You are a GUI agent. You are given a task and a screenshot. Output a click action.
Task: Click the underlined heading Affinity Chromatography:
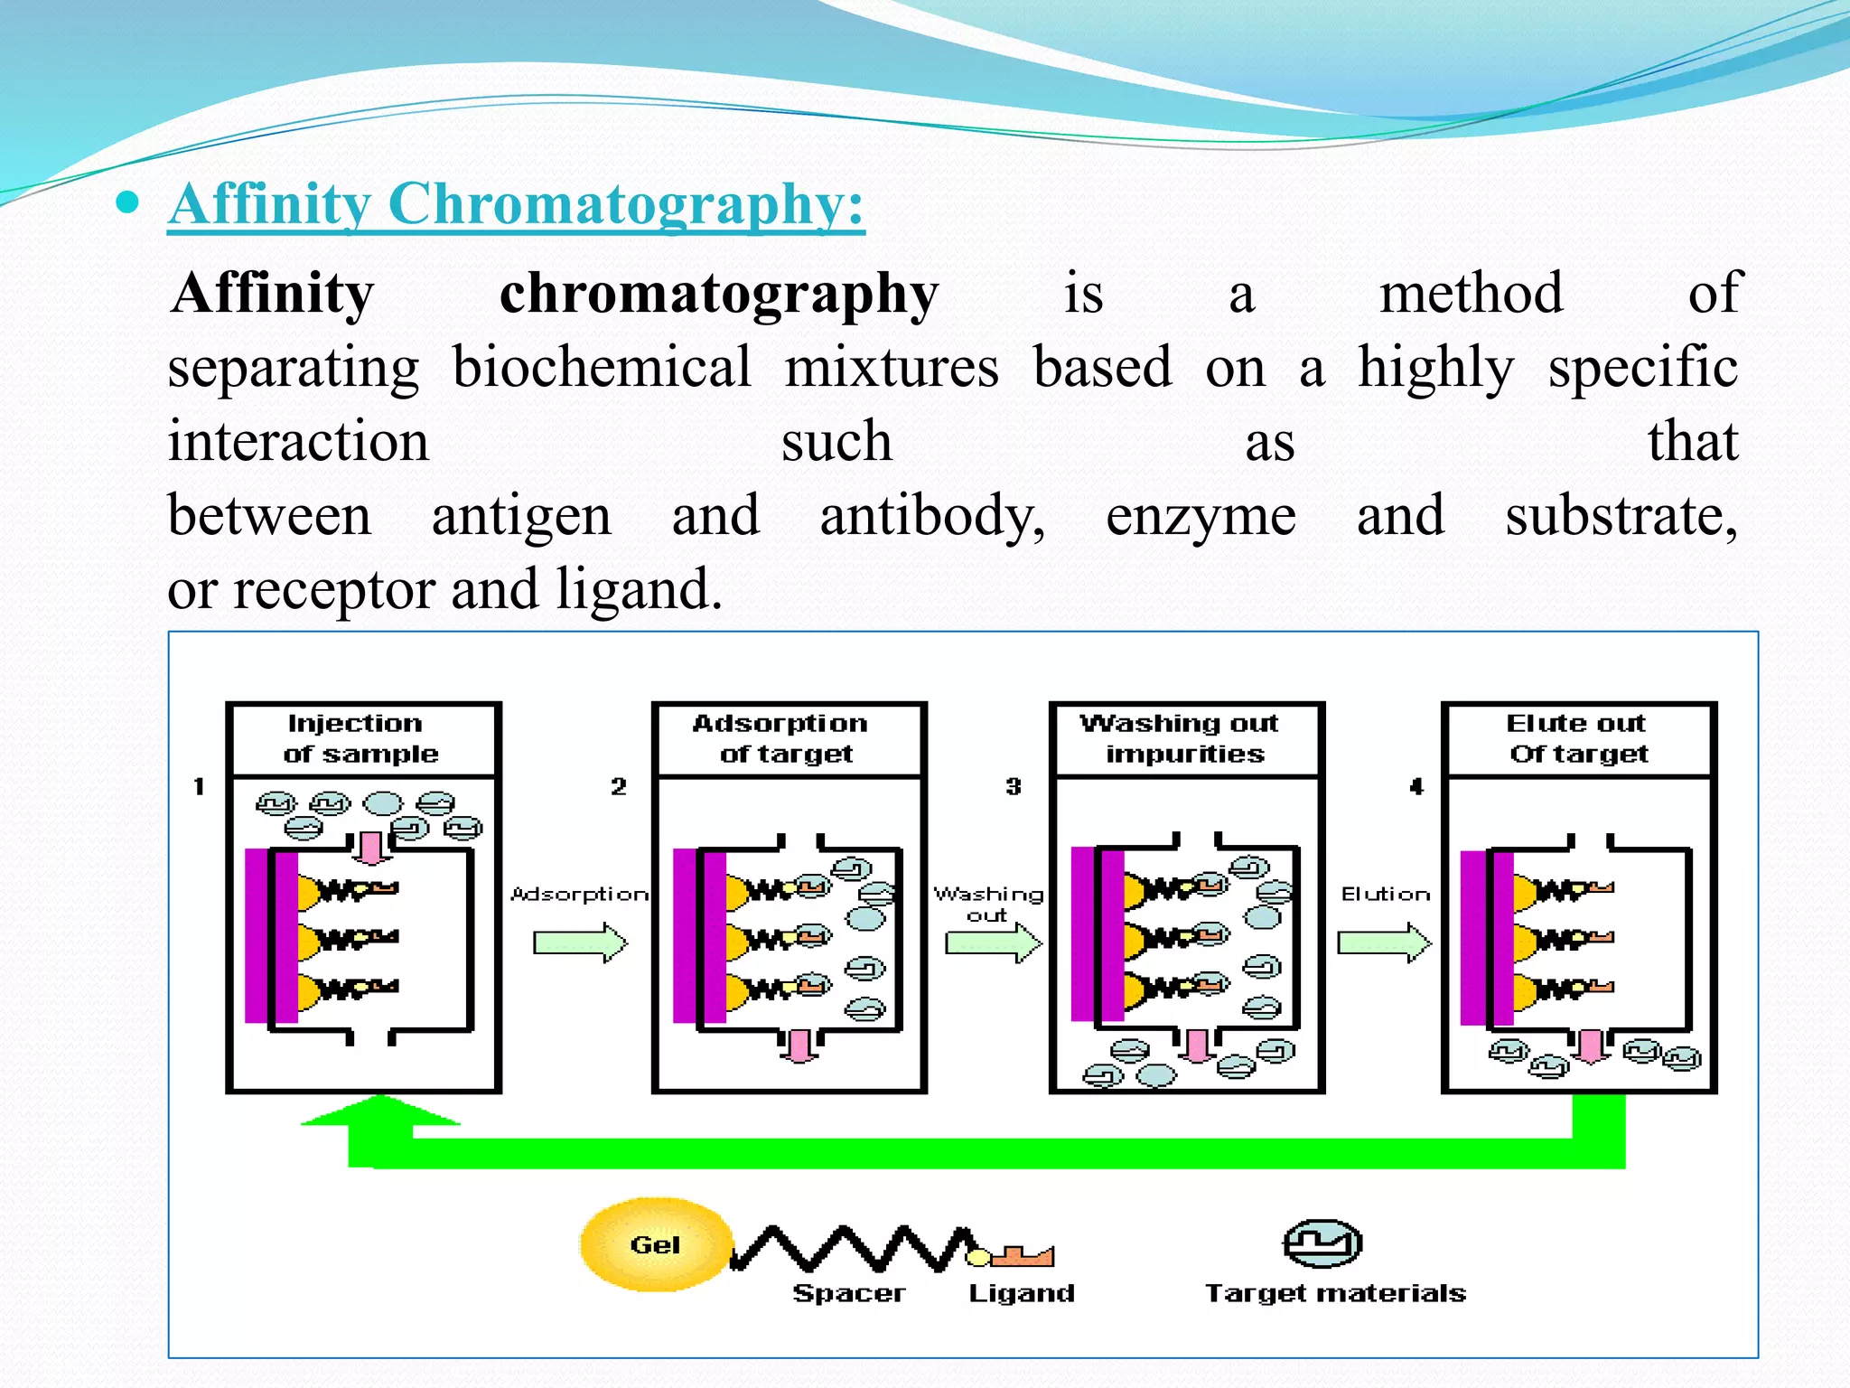(x=516, y=204)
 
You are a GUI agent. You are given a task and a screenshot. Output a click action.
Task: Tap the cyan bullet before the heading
(x=128, y=202)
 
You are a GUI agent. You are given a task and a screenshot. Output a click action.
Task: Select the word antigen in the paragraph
(x=521, y=516)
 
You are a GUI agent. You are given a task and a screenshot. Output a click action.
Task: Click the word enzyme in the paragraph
(x=1201, y=516)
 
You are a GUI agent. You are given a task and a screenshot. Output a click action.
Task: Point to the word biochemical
(x=602, y=368)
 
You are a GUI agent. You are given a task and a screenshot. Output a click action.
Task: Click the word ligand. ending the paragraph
(x=639, y=590)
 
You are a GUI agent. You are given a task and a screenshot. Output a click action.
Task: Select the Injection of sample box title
(x=360, y=738)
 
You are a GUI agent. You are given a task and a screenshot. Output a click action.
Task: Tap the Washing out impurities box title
(x=1183, y=738)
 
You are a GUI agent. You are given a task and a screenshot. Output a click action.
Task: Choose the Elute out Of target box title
(x=1577, y=738)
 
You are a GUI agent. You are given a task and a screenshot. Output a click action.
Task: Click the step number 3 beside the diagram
(x=1014, y=786)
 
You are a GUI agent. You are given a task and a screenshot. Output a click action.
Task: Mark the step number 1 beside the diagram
(x=199, y=786)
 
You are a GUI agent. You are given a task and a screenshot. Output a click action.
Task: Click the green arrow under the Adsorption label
(x=580, y=943)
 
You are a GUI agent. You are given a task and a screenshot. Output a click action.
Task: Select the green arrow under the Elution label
(x=1384, y=943)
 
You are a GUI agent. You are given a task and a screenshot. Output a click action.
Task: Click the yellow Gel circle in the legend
(x=654, y=1244)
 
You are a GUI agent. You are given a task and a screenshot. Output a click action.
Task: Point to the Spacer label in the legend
(x=848, y=1293)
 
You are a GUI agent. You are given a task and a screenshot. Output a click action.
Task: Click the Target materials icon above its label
(x=1322, y=1244)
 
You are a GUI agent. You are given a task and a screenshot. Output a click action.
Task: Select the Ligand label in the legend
(x=1021, y=1293)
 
